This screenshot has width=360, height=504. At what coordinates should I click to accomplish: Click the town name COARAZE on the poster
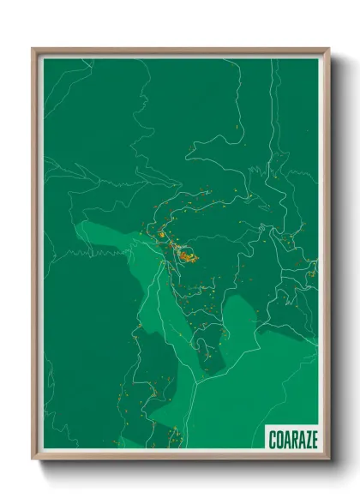pos(292,439)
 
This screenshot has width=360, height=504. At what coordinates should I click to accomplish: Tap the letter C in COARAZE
pos(272,439)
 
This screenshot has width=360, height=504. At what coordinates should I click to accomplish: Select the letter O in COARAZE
pos(279,439)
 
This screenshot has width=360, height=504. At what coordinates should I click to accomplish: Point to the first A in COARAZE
pos(286,439)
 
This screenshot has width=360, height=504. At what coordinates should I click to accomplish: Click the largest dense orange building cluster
pos(186,254)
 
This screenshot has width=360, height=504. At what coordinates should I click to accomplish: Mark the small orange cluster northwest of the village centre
pos(159,233)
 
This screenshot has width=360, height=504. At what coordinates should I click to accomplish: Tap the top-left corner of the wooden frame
pos(33,49)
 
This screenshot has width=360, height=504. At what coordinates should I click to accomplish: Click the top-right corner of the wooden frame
pos(328,49)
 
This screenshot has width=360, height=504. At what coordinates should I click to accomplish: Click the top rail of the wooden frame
pos(180,51)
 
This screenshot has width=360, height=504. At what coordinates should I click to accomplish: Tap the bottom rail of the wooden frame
pos(180,457)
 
